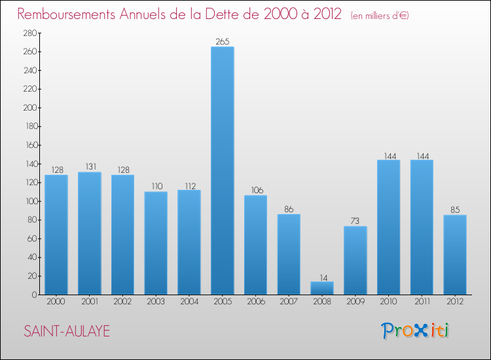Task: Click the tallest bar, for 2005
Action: point(222,170)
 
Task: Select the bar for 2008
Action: point(322,288)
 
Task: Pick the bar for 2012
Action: point(455,255)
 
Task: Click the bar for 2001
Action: point(89,233)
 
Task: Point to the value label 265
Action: point(222,42)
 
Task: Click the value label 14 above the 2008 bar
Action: point(322,277)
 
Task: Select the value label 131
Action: point(89,168)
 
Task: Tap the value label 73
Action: point(355,222)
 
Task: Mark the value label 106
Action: point(255,190)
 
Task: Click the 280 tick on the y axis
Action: point(29,33)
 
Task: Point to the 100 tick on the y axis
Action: point(29,202)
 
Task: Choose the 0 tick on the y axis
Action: point(33,295)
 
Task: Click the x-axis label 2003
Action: point(156,302)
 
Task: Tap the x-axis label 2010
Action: point(388,302)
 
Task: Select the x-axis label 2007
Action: point(289,302)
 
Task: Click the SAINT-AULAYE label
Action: point(67,331)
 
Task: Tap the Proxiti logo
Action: point(416,331)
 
